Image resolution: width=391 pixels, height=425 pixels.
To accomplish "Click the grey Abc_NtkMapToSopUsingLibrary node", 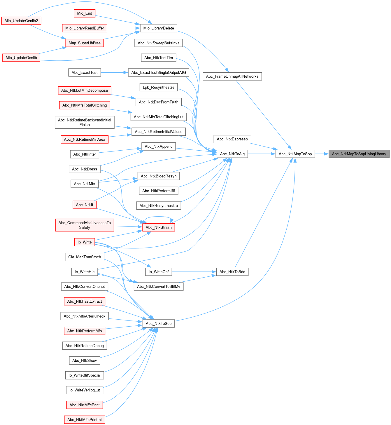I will tap(359, 154).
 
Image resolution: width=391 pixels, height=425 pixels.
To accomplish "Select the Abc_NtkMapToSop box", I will tap(295, 154).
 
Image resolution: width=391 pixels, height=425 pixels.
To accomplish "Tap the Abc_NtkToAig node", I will tap(232, 154).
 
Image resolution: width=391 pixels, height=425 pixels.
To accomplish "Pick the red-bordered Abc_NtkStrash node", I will tap(158, 227).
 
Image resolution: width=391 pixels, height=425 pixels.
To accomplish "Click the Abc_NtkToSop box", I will tap(158, 323).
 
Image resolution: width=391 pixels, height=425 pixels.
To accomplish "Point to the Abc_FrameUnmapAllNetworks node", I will tap(232, 76).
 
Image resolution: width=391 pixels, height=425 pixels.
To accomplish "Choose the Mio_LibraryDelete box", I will tap(158, 28).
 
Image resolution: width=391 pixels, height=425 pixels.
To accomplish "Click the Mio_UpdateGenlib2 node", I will tap(21, 21).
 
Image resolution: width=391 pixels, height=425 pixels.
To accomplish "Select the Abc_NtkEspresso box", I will tap(232, 139).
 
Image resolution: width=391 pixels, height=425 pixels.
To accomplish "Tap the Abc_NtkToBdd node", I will tap(232, 272).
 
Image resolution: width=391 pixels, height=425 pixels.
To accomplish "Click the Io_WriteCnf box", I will tap(158, 272).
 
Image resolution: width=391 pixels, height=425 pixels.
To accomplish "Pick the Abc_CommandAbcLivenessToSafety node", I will tap(85, 225).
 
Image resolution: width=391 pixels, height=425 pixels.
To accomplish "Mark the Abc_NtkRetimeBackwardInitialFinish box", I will tap(85, 122).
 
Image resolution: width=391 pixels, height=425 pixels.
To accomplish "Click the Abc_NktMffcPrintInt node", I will tap(85, 420).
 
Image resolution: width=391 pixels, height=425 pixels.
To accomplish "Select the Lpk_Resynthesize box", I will tap(158, 87).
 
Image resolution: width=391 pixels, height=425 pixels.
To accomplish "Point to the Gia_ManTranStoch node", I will tap(85, 257).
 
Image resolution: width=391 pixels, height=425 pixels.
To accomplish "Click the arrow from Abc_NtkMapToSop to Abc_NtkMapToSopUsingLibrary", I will tap(322, 154).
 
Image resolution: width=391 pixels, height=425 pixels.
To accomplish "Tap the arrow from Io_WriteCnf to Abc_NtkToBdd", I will tap(194, 272).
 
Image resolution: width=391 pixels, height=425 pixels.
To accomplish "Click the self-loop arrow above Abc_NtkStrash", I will tap(158, 217).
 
